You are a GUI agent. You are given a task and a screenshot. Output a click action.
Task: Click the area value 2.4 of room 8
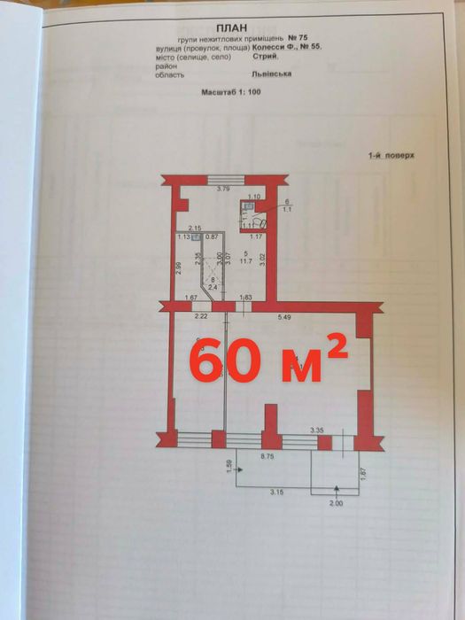[213, 286]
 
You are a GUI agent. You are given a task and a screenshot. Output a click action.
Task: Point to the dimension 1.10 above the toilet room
[253, 197]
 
